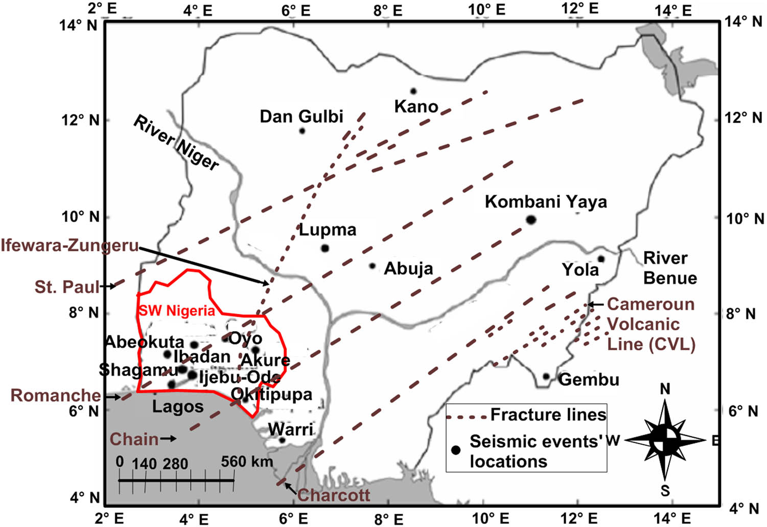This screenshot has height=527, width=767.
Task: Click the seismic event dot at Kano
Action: [x=413, y=91]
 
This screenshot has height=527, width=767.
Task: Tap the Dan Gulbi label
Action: [x=301, y=117]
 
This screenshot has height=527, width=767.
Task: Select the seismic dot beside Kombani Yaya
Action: [x=531, y=220]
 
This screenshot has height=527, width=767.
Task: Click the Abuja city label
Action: [x=408, y=268]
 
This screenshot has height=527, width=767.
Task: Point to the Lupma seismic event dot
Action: [x=325, y=248]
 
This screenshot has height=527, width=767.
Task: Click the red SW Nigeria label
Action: [x=177, y=311]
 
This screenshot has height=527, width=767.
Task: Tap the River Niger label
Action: [x=176, y=143]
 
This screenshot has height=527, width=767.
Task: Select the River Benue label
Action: [x=669, y=268]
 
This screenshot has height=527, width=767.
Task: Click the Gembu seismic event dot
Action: [x=546, y=377]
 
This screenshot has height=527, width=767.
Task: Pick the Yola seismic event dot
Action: [x=601, y=259]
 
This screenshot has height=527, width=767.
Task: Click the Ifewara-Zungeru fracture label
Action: [x=69, y=245]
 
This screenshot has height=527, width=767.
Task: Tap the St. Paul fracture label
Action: [x=66, y=287]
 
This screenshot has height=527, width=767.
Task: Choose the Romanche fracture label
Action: [x=56, y=395]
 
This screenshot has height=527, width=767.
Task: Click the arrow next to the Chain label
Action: [x=169, y=439]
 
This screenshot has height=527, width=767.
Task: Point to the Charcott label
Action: [x=334, y=495]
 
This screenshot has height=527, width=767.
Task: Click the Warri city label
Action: [x=291, y=429]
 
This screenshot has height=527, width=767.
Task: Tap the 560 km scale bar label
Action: [x=247, y=462]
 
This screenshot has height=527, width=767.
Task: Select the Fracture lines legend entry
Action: [x=548, y=415]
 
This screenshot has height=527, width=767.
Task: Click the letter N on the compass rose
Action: [x=665, y=389]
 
